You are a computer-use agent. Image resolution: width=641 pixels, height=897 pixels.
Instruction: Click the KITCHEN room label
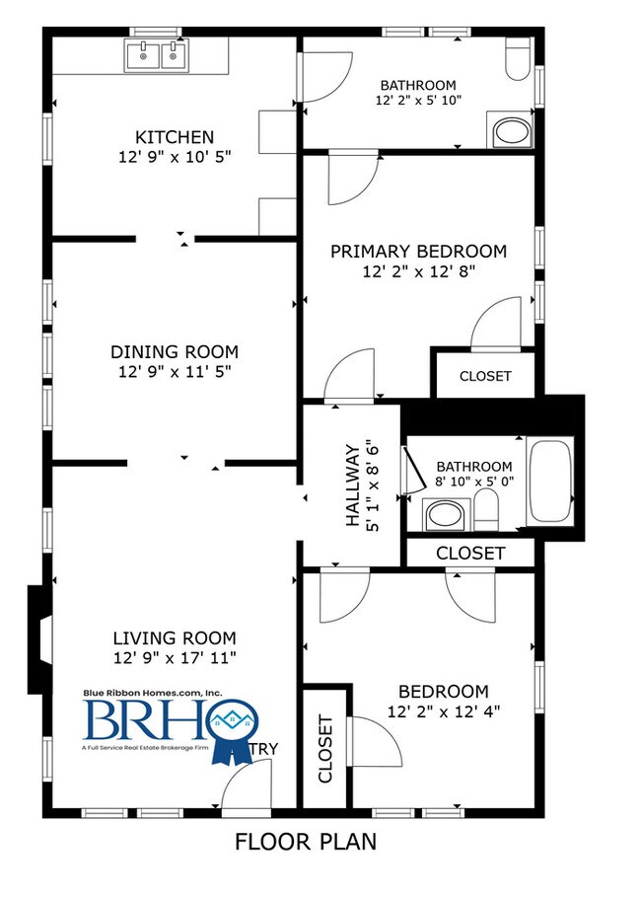coord(174,136)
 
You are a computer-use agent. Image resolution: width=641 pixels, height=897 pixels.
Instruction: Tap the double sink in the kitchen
coord(157,55)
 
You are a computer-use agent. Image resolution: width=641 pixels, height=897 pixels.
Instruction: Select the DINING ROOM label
coord(174,351)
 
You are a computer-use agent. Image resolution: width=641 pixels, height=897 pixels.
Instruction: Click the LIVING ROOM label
coord(174,637)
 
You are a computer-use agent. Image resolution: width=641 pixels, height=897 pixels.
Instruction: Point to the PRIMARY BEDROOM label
coord(418,252)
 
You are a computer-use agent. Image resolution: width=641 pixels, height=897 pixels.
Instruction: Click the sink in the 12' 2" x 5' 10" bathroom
coord(511,131)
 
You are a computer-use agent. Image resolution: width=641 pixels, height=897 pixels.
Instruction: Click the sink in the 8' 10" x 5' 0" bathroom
coord(445,515)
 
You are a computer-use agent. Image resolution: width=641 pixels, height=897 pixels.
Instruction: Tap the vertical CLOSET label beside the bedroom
coord(324,748)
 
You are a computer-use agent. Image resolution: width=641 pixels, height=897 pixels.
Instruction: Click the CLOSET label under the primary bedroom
coord(485,376)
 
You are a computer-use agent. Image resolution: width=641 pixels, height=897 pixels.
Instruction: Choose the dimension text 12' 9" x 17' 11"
coord(174,657)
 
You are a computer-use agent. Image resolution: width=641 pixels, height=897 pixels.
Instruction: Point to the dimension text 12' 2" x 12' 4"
coord(443,711)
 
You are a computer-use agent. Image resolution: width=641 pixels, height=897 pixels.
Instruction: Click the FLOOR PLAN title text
coord(305,843)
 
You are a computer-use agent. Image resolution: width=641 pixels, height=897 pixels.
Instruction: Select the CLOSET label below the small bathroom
coord(470,554)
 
